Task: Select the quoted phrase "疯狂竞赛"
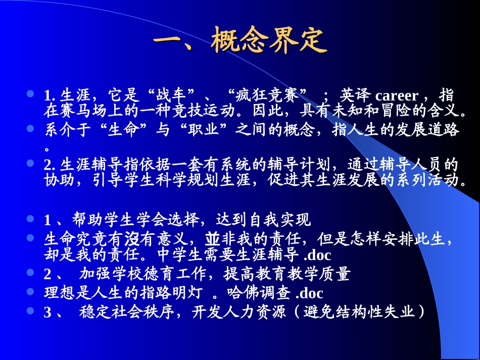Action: click(268, 95)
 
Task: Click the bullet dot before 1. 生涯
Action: click(31, 94)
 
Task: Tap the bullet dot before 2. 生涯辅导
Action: click(31, 163)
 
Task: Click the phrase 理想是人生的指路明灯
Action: click(124, 293)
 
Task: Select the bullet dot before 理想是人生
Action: click(31, 291)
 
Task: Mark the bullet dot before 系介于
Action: click(31, 128)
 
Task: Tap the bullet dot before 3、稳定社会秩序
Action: click(31, 311)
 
